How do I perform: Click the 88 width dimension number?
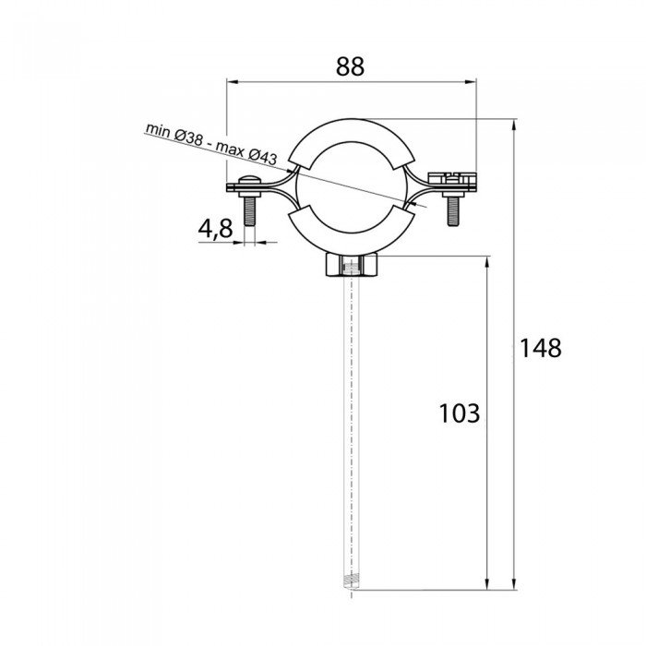click(x=350, y=66)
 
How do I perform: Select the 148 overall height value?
click(x=539, y=348)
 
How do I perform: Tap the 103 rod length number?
click(x=459, y=413)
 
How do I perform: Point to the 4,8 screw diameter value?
click(x=215, y=229)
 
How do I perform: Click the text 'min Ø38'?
click(x=174, y=135)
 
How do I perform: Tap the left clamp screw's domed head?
click(x=247, y=181)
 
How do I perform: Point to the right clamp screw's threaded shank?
click(x=453, y=210)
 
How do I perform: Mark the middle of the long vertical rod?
click(x=351, y=425)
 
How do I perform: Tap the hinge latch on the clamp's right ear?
click(x=452, y=176)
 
